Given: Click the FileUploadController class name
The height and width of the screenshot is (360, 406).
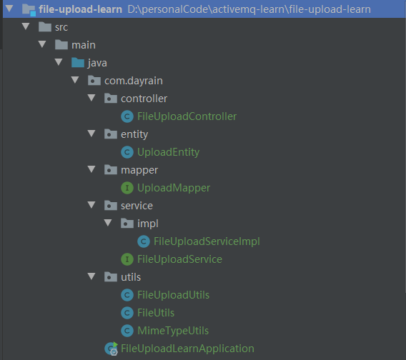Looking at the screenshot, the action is (x=187, y=116).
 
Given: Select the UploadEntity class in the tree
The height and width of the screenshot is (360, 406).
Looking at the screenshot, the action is (x=168, y=152).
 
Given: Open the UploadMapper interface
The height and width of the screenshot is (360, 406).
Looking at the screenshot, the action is (x=174, y=188).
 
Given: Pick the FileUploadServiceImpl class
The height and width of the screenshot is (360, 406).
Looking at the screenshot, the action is (x=207, y=241).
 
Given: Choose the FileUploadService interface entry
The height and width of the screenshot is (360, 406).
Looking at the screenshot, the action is (x=179, y=259).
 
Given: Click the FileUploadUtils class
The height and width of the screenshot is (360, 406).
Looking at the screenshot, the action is (x=173, y=295).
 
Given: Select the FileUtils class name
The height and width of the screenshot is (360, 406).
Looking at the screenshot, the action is (x=156, y=313).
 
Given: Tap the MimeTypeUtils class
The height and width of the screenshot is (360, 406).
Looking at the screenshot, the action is (x=173, y=331).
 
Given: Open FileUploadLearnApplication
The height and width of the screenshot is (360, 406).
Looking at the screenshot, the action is (x=187, y=349).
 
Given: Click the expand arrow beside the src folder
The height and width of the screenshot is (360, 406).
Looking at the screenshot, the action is (x=26, y=26).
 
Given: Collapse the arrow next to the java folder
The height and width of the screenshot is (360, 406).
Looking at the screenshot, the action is (x=59, y=62).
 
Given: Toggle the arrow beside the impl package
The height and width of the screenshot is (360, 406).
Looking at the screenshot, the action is (x=108, y=223).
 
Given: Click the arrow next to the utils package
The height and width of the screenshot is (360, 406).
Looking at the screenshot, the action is (x=91, y=276).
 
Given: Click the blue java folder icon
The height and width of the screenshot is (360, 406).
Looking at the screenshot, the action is (x=78, y=63).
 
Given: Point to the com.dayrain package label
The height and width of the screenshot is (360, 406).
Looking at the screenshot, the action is (x=134, y=81).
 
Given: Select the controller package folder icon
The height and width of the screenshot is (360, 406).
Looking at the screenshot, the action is (x=111, y=99).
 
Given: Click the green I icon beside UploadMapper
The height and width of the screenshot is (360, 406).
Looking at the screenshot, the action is (x=127, y=188).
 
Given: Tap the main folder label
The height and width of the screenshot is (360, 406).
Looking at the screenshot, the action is (x=84, y=45).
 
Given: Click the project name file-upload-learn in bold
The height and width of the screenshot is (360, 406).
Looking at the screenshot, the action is (x=80, y=9).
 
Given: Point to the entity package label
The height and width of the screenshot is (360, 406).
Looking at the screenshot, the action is (x=134, y=134).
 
